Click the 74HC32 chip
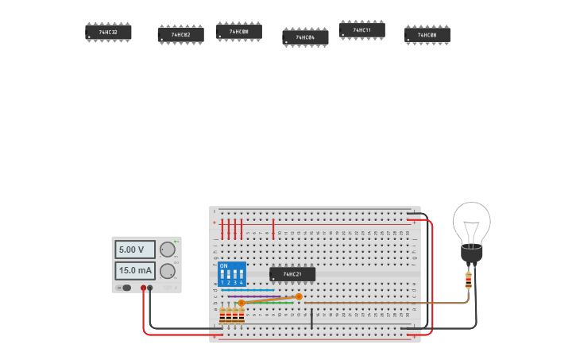point(108,32)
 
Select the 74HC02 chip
point(180,35)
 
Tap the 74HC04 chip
point(305,37)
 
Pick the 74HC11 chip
point(361,30)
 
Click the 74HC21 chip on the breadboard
point(292,274)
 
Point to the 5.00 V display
point(134,250)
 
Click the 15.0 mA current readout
point(134,271)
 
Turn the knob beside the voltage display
point(167,250)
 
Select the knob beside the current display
point(167,271)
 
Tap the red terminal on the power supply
point(144,288)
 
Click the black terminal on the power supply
point(150,288)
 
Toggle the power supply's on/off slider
point(125,288)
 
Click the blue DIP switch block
point(232,274)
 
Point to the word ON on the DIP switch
point(223,265)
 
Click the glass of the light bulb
point(472,222)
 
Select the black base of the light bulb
point(472,254)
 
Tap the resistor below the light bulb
point(468,280)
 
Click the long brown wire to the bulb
point(381,302)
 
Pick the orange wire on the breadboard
point(270,300)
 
